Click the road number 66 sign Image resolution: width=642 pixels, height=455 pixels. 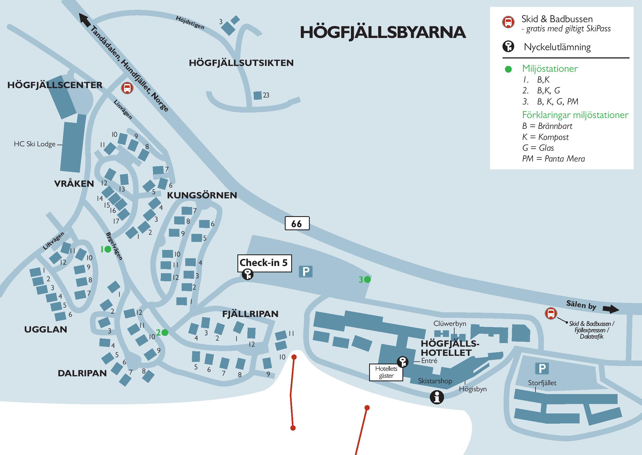[297, 223]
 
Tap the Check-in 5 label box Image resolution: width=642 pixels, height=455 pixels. [264, 262]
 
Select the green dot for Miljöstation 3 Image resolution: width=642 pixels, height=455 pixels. [367, 279]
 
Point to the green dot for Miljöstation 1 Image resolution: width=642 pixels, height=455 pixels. [108, 249]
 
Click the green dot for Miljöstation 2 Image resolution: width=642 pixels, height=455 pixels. [165, 333]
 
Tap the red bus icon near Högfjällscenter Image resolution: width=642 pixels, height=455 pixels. [127, 88]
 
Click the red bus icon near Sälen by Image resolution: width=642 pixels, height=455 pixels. [550, 313]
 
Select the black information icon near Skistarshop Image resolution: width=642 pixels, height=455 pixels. [437, 397]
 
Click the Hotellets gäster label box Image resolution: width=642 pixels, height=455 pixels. [386, 372]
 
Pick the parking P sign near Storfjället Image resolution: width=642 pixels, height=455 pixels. [542, 368]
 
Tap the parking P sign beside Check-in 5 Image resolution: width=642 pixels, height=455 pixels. [306, 272]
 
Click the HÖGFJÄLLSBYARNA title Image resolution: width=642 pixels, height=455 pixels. [383, 32]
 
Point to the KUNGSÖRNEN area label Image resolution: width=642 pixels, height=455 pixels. [202, 195]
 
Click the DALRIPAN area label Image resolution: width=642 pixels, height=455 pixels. [82, 373]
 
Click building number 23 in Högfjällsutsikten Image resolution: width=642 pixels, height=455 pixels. [257, 96]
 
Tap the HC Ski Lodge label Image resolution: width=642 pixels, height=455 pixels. [35, 144]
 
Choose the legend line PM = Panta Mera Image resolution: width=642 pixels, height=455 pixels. [554, 159]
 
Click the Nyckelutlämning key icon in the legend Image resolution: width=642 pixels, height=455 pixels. [508, 47]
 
